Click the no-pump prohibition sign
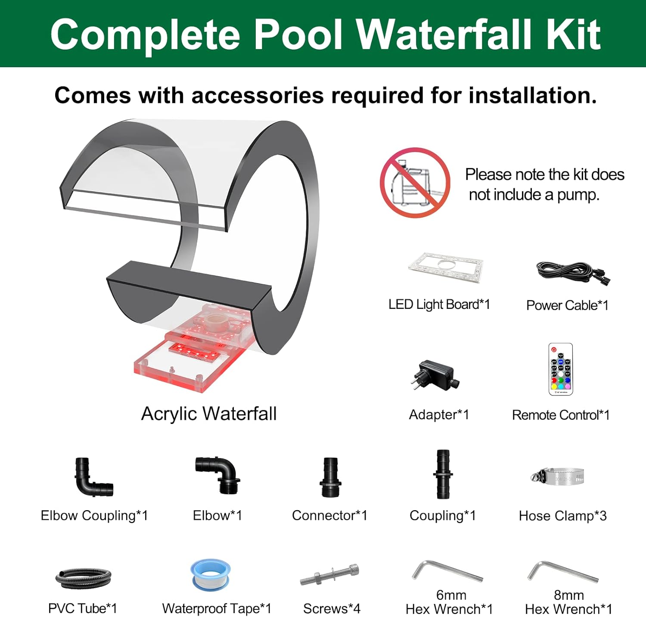(415, 183)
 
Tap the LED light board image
(446, 268)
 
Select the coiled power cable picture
(573, 273)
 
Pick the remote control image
(560, 369)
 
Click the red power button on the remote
(554, 349)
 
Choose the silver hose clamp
(558, 477)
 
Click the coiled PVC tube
(83, 579)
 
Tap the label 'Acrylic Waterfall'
(209, 414)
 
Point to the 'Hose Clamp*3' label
(562, 516)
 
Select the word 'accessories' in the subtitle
(257, 95)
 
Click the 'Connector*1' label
(329, 515)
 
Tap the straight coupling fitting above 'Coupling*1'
(443, 474)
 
